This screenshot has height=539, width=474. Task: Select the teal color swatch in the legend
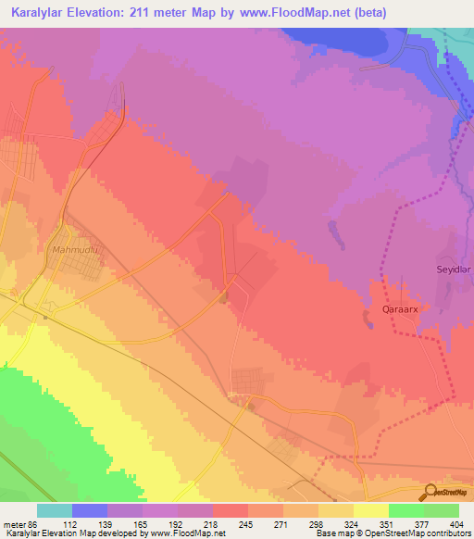pos(55,510)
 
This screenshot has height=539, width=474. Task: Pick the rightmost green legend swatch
pos(442,510)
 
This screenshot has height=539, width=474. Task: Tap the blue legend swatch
pos(90,510)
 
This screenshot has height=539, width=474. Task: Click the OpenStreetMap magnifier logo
pos(429,492)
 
